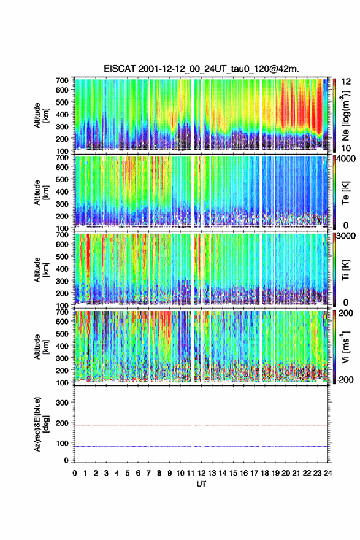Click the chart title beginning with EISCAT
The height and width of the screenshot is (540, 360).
[x=201, y=69]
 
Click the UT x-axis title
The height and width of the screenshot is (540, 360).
[x=201, y=484]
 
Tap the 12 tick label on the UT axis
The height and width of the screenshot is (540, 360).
[x=201, y=473]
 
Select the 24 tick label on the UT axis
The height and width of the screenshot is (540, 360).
[x=327, y=473]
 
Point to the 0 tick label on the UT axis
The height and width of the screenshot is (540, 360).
[x=75, y=473]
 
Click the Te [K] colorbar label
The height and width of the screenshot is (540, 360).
[x=345, y=193]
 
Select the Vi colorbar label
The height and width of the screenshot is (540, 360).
[x=345, y=347]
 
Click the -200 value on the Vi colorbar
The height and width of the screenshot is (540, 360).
[x=343, y=379]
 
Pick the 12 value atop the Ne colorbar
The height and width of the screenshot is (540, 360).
[x=347, y=82]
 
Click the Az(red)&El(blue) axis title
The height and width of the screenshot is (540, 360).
[x=40, y=424]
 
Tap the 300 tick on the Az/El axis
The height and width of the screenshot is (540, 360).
[x=62, y=403]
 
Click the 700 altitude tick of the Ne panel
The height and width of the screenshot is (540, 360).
[x=62, y=80]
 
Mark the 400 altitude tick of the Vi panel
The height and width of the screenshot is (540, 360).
[x=62, y=345]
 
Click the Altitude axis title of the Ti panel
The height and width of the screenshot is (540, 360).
[x=41, y=269]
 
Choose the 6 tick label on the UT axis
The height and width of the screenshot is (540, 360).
[x=138, y=473]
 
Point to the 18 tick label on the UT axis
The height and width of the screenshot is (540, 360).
[x=265, y=473]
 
